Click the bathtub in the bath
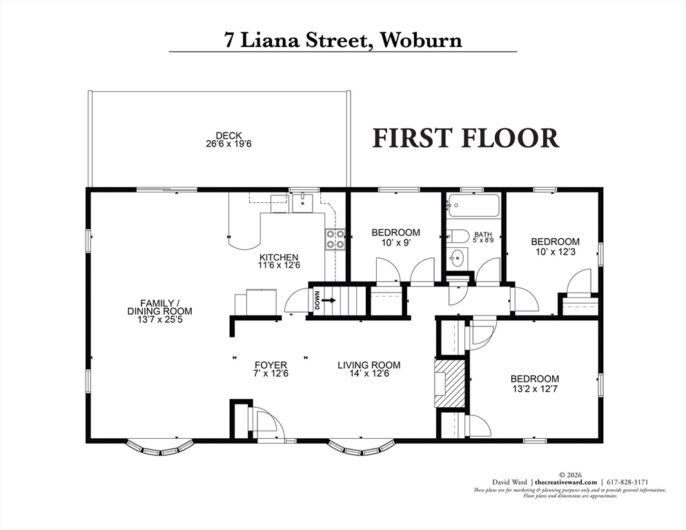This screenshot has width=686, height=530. coord(473,205)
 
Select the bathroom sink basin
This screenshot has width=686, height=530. coord(457,258)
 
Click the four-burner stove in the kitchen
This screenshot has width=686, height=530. coord(335,239)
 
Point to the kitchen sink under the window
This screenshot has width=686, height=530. coord(302,203)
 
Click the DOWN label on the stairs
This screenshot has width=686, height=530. coord(317,300)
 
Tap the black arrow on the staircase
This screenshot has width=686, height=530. coord(329,301)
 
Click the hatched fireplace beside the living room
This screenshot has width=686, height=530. coord(449,384)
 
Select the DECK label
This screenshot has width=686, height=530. coord(229,136)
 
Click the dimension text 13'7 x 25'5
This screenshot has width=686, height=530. coord(159,320)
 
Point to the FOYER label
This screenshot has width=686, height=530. coord(271,365)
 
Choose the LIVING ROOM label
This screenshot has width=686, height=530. coord(369,365)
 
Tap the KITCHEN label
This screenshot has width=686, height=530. coord(279,258)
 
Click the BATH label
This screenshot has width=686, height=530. coord(483,235)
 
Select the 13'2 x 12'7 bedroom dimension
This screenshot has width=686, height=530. coord(535,389)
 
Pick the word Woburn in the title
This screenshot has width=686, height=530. coord(421,40)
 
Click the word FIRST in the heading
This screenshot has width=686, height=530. coord(411,137)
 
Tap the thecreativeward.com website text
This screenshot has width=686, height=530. coord(566,482)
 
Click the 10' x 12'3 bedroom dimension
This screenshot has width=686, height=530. coord(555,252)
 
